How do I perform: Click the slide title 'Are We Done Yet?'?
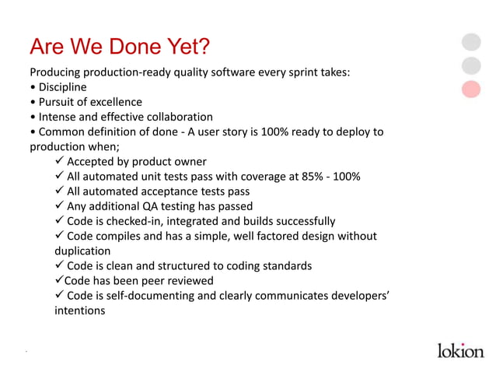pos(119,47)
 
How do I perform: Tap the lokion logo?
pos(459,349)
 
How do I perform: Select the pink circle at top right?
pos(471,89)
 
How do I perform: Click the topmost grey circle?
pos(471,42)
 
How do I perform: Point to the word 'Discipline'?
pos(62,87)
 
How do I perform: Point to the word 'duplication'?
pos(82,251)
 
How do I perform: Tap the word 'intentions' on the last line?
pos(79,310)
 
